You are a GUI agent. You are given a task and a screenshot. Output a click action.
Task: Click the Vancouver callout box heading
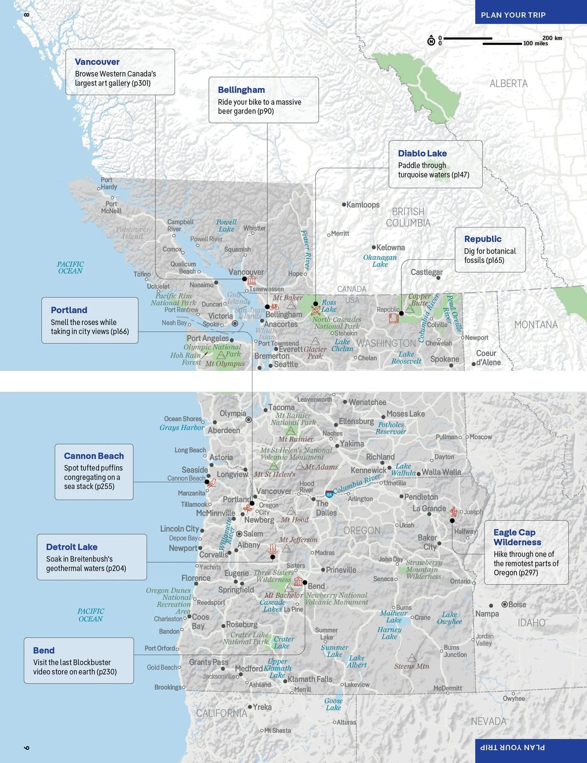97,62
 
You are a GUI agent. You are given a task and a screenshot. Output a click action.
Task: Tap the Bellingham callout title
241,90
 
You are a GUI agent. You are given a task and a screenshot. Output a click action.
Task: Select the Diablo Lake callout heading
422,153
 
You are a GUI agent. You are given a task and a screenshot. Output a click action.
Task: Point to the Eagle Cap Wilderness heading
517,537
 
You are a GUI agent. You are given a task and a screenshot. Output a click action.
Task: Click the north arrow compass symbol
431,41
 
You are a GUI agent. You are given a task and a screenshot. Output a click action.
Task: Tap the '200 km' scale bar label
552,38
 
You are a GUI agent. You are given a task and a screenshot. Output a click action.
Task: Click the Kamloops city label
363,205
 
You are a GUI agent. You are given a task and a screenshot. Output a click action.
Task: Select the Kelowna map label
390,248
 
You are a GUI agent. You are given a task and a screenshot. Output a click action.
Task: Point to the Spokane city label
445,359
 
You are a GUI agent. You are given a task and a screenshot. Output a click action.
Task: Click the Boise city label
517,604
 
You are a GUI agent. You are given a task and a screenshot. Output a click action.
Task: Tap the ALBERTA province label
509,84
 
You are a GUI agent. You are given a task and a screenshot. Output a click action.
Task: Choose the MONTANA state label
536,325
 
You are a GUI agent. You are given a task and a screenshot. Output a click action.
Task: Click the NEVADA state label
488,721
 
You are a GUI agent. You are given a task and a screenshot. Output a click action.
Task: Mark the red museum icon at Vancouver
252,280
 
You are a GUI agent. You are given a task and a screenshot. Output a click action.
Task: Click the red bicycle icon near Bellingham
275,306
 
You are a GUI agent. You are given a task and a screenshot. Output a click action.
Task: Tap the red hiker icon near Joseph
454,512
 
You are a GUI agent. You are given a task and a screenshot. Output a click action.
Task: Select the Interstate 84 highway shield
329,494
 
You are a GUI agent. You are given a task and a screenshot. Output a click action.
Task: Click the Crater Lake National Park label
246,638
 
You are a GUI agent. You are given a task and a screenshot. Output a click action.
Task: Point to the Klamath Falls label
310,679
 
